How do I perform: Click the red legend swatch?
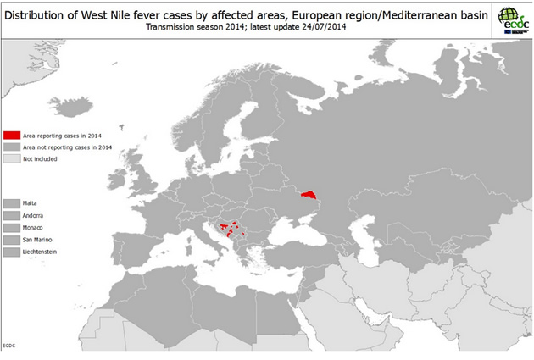[12, 136]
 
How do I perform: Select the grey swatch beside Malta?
[12, 203]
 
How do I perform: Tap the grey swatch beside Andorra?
[12, 216]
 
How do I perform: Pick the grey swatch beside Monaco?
[12, 228]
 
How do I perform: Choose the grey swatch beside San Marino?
[12, 241]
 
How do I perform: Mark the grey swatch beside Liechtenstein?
[12, 252]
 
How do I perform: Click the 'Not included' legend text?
[40, 158]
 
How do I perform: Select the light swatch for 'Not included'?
[12, 158]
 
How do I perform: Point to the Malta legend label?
[30, 203]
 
